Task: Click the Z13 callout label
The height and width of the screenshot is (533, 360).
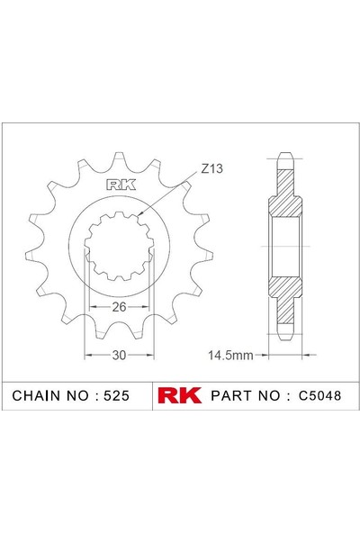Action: (x=211, y=168)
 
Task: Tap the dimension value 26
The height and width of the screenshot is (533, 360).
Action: (x=119, y=307)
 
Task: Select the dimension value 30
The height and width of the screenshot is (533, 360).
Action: (x=119, y=356)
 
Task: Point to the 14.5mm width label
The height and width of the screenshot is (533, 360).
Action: (x=230, y=356)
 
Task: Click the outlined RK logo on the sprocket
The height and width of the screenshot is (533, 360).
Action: (x=121, y=185)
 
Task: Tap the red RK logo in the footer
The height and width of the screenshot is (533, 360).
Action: (x=179, y=395)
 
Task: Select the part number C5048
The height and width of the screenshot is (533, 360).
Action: (x=319, y=395)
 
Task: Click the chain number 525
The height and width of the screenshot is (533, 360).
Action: (x=116, y=395)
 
